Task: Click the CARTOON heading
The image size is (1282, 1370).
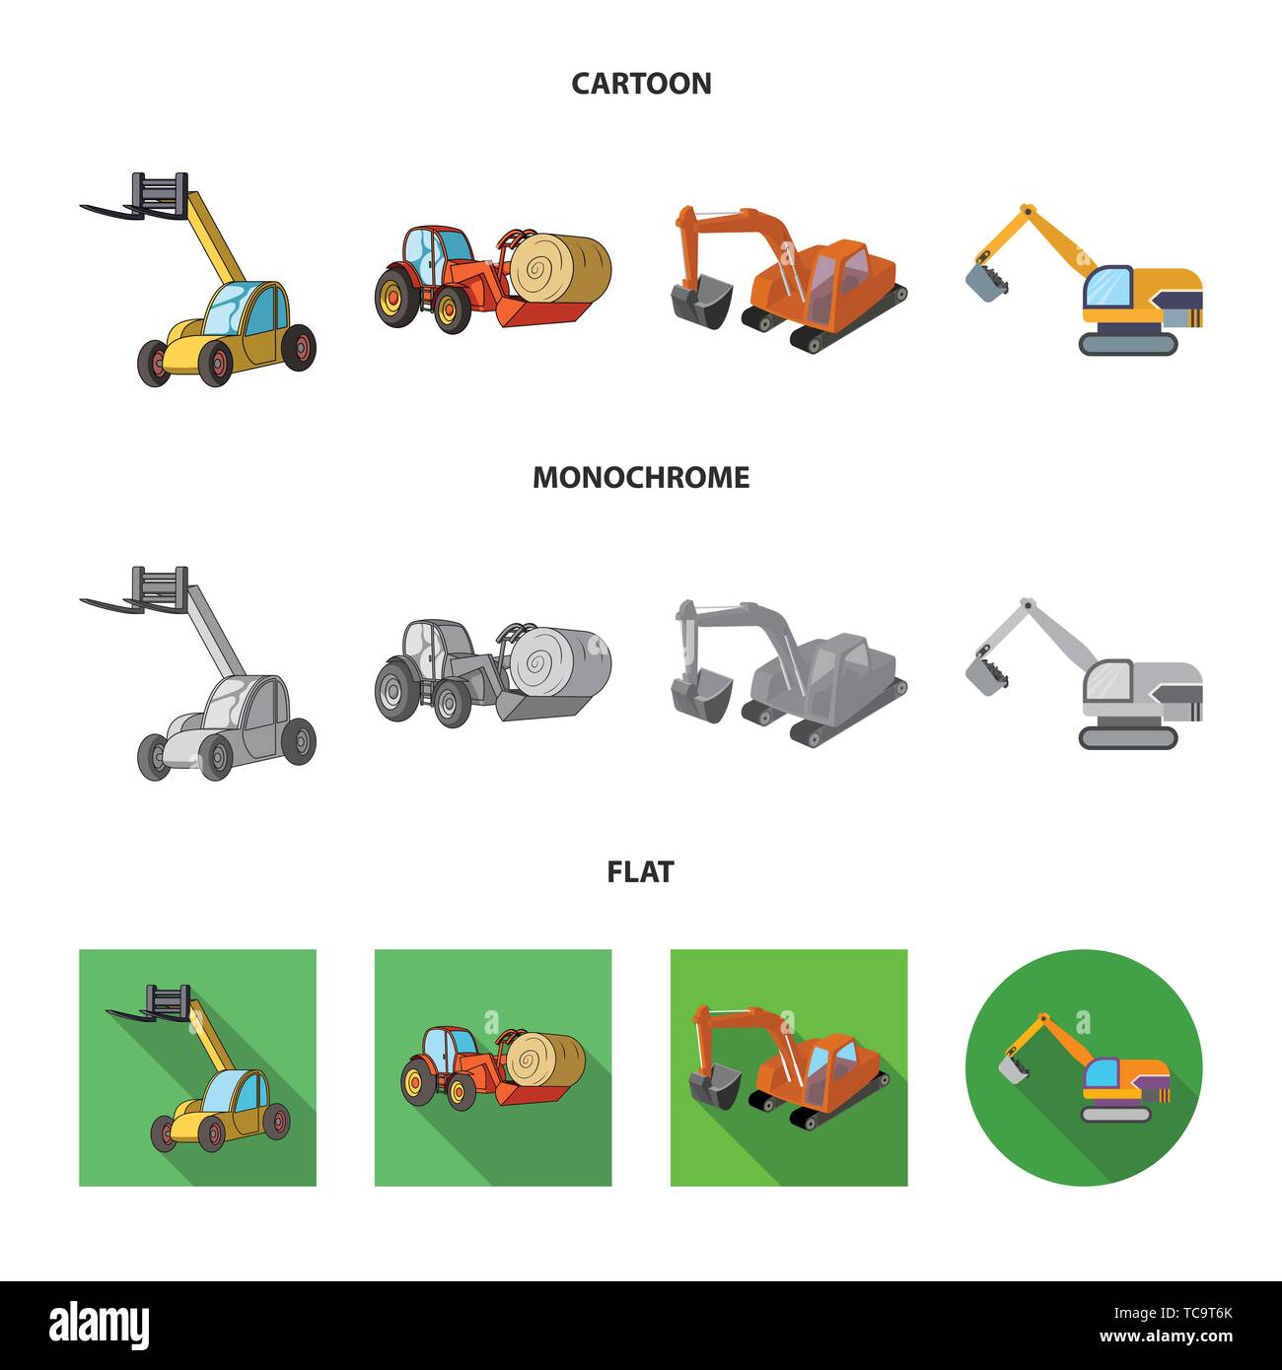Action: coord(641,83)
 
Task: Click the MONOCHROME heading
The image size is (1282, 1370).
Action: coord(641,477)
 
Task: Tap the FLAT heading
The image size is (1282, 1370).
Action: coord(641,871)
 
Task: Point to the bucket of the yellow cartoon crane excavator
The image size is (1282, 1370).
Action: coord(986,280)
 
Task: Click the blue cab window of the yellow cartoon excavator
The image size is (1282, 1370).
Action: coord(1107,288)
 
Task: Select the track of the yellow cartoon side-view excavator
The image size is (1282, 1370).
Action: coord(1128,343)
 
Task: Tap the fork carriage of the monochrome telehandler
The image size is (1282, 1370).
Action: coord(159,586)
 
